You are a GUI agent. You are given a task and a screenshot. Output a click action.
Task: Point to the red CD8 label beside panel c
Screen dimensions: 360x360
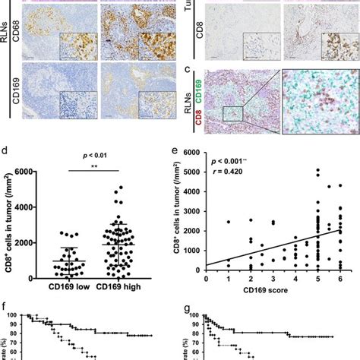coord(206,117)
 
